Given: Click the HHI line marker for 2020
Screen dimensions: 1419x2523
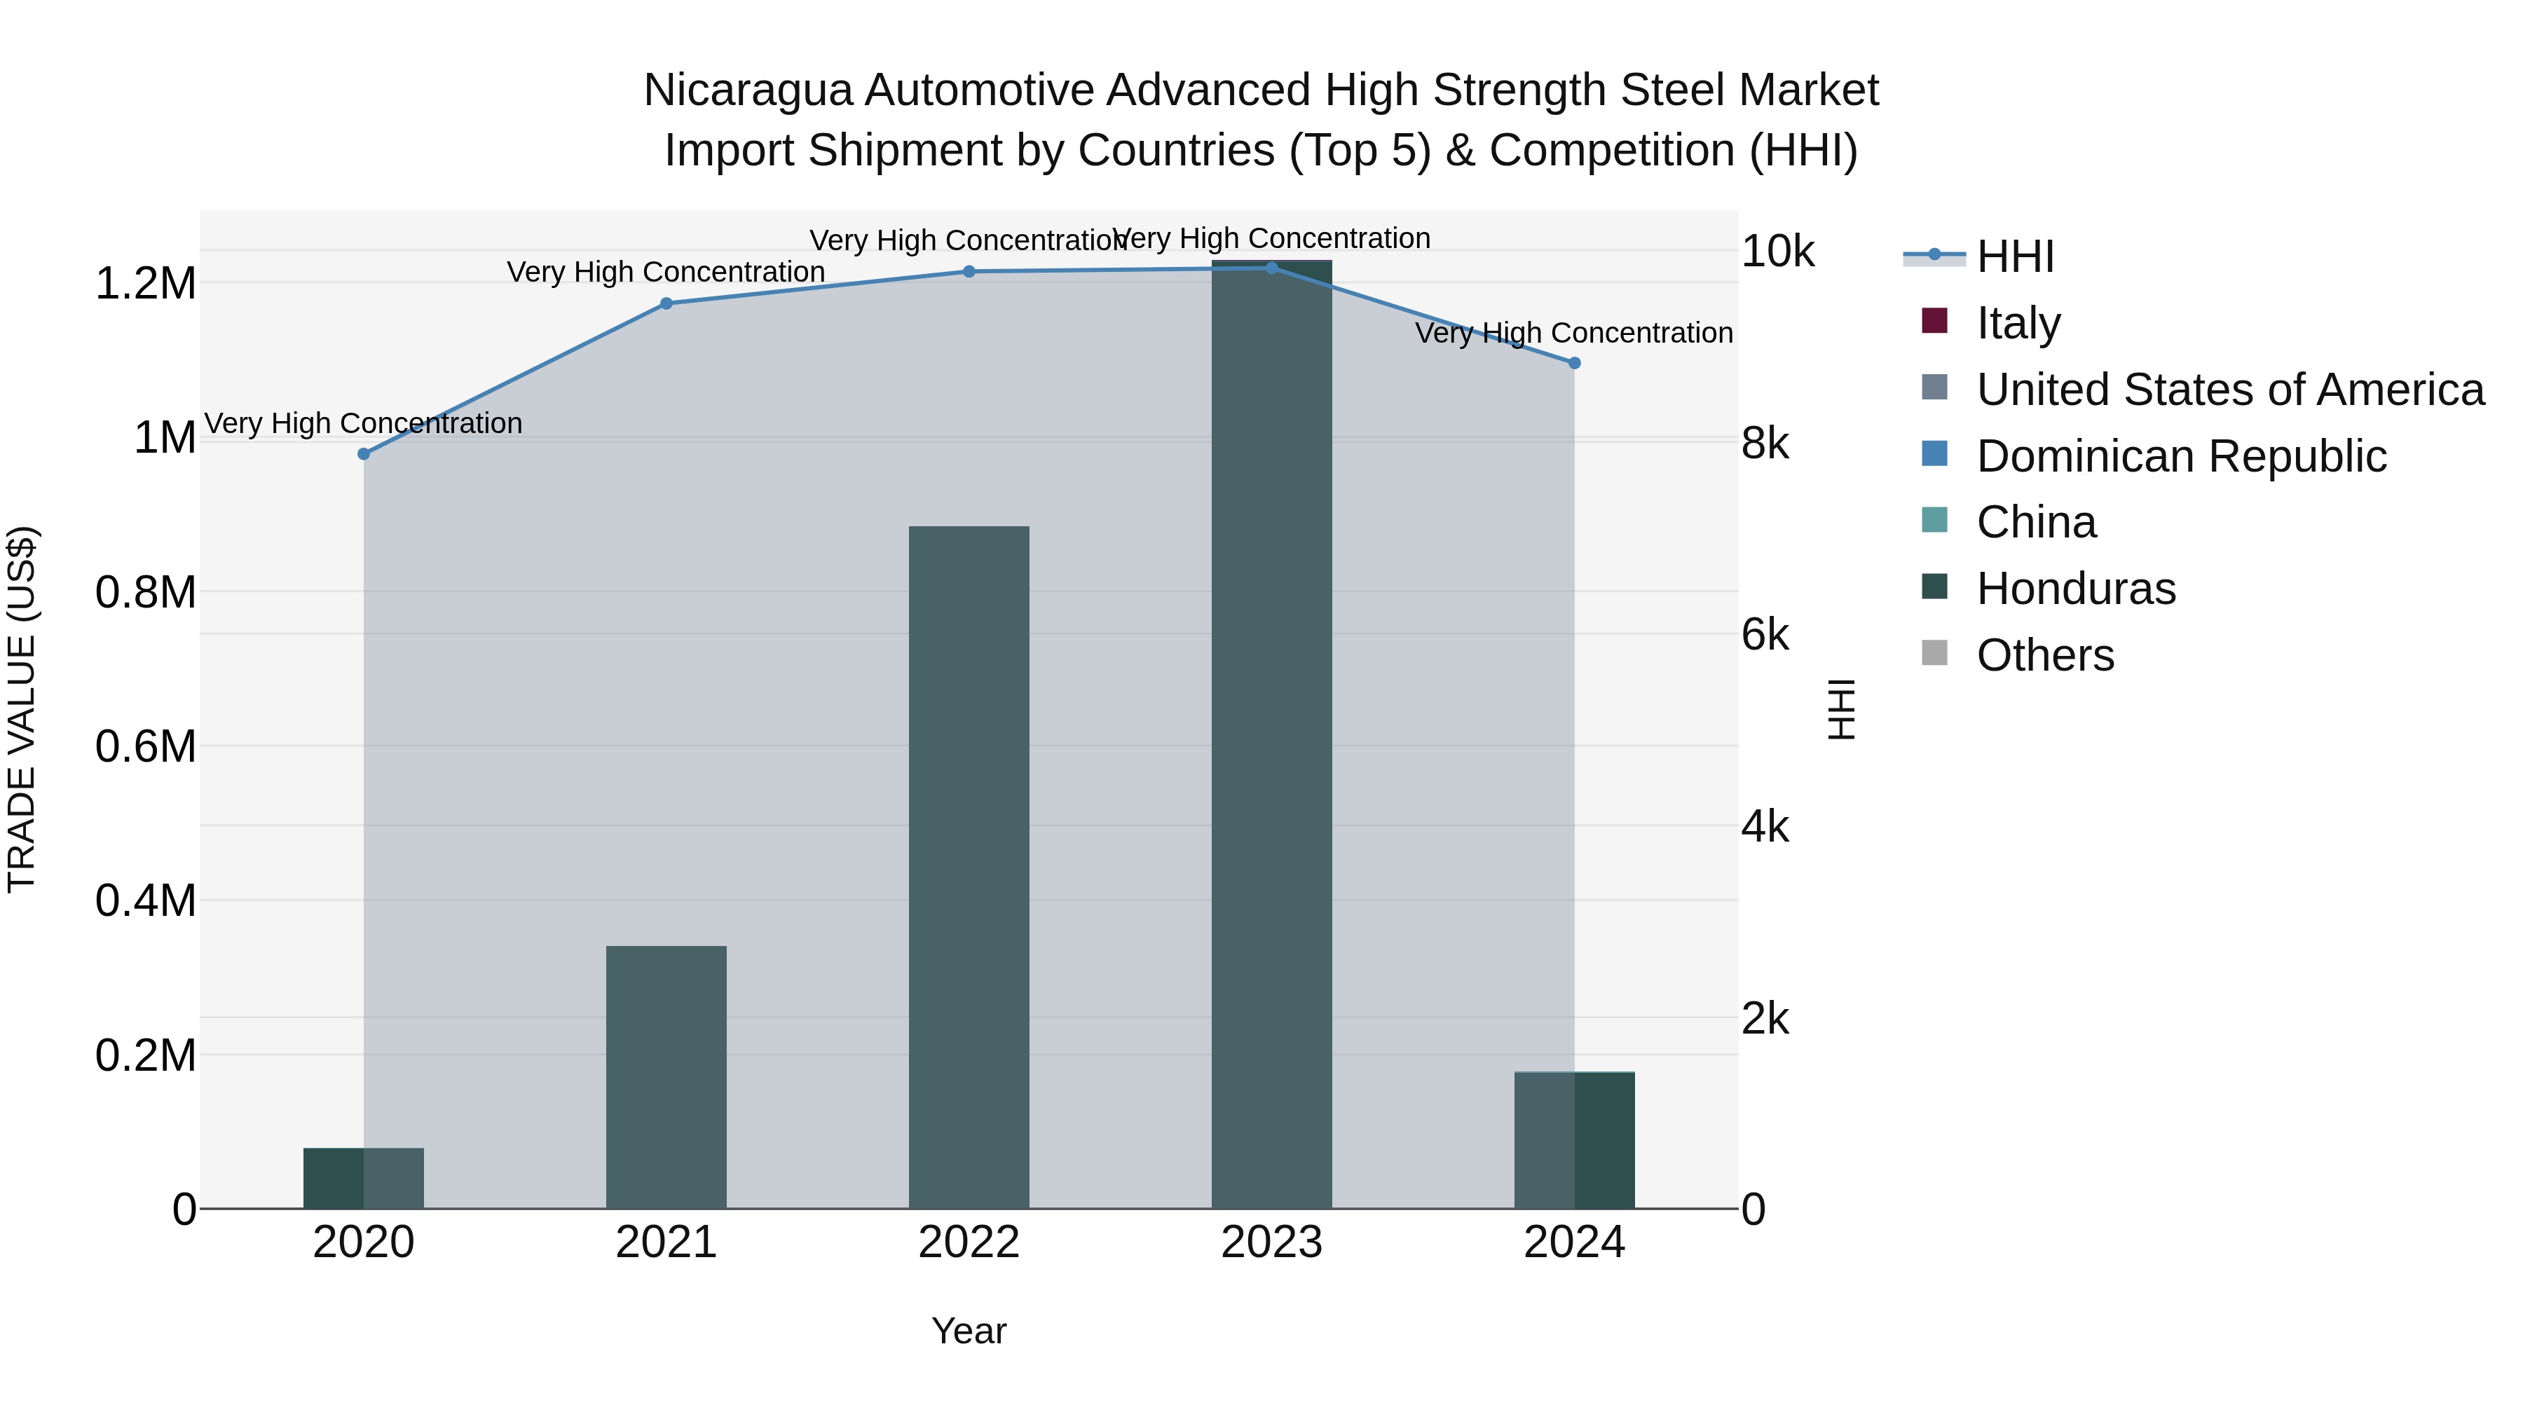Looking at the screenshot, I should tap(363, 453).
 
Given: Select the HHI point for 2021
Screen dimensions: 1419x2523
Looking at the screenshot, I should tap(666, 303).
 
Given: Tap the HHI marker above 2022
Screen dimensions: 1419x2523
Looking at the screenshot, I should tap(969, 271).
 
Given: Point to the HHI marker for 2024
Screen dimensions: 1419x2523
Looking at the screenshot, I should tap(1574, 363).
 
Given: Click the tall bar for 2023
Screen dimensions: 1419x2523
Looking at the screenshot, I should tap(1271, 734).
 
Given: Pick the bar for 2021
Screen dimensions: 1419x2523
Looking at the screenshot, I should tap(666, 1077).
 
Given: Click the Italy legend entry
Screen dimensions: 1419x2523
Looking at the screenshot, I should tap(2018, 323).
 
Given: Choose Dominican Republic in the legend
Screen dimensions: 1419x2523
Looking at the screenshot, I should tap(2181, 456).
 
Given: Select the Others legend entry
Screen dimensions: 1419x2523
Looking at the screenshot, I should tap(2044, 655).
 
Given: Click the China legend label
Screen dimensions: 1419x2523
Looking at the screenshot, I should tap(2036, 523).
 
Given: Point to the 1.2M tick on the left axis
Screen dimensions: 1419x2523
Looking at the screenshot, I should tap(145, 284).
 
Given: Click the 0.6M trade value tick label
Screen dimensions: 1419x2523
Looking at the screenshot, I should tap(145, 746).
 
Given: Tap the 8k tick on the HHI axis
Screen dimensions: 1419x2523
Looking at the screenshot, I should tap(1765, 444).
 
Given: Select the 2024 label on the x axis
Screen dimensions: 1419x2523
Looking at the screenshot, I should tap(1574, 1242).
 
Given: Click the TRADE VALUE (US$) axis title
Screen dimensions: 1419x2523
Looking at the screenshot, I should tap(22, 709).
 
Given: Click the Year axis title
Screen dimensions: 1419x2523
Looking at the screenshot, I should tap(969, 1331).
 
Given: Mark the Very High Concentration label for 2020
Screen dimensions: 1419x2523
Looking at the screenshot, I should tap(363, 423).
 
